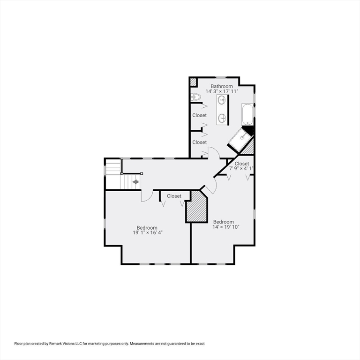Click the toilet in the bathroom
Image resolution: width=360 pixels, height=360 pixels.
196,97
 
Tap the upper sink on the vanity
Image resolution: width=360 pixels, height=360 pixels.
222,100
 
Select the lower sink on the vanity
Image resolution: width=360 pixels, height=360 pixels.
222,118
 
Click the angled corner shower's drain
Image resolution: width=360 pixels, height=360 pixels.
242,138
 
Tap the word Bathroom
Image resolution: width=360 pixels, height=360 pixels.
221,86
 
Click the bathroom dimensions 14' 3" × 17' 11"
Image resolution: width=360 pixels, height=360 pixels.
221,92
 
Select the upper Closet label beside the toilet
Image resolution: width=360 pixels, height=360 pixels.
199,115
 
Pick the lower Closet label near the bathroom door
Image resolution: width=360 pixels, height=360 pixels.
199,142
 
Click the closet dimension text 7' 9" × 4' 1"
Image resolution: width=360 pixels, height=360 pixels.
241,169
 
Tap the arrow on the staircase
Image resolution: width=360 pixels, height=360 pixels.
135,182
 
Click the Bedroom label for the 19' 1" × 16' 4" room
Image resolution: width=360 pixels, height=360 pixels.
147,227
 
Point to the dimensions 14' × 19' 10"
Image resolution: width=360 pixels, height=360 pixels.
226,227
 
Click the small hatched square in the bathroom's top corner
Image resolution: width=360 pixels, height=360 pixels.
193,82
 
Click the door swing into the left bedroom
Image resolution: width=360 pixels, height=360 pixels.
147,196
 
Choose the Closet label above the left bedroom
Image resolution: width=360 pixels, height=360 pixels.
174,196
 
